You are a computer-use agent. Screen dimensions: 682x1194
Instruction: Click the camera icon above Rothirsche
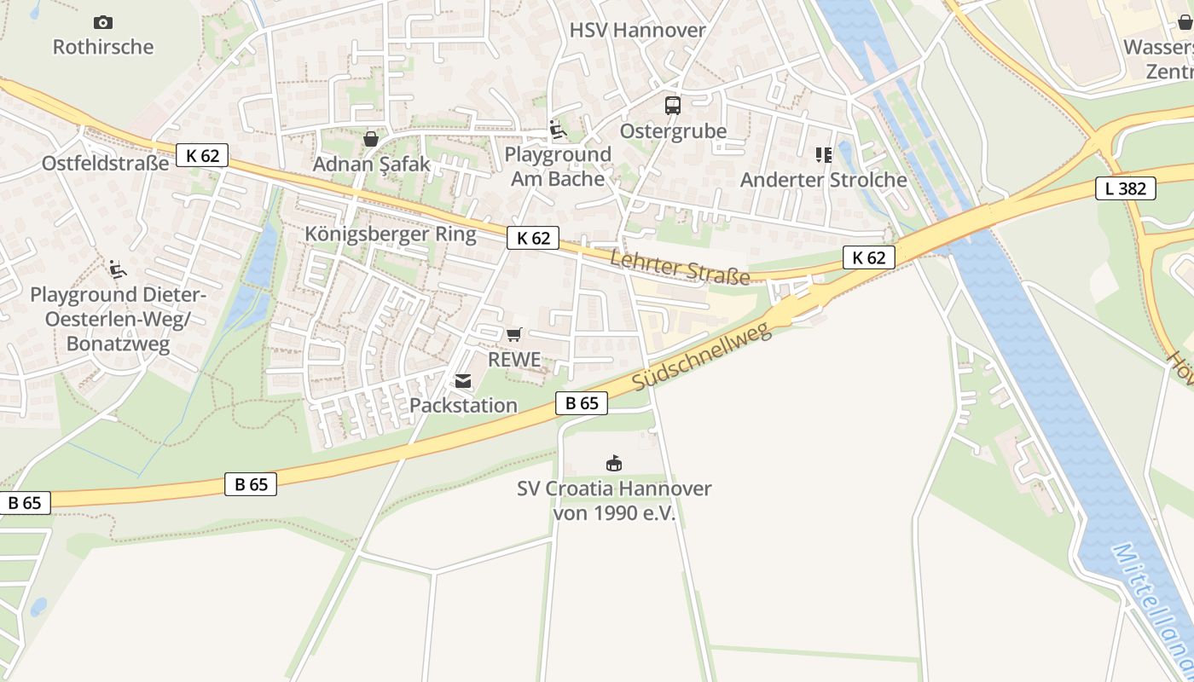click(103, 22)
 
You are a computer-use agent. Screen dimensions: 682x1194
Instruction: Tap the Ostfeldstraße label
click(106, 163)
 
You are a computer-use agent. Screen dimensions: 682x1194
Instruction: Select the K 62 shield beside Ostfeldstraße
click(203, 155)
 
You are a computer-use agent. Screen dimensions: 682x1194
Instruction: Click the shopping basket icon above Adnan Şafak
click(371, 138)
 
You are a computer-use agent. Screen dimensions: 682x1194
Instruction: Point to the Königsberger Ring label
click(391, 234)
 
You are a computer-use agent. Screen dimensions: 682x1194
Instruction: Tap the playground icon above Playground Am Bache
click(558, 130)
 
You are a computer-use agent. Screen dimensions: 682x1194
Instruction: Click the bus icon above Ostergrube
click(673, 106)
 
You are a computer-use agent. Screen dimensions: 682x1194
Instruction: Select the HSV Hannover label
click(638, 30)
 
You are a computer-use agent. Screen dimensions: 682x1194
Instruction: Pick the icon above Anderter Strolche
click(823, 155)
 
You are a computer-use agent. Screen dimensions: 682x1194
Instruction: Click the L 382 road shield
click(1125, 188)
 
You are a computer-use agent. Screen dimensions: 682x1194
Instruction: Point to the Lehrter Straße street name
click(681, 268)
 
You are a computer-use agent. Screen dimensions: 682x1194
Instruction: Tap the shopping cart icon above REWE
click(513, 335)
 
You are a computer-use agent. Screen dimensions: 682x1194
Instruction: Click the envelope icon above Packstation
click(463, 381)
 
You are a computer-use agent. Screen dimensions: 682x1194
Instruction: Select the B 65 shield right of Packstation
click(582, 403)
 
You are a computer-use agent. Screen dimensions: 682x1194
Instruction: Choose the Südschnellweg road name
click(703, 357)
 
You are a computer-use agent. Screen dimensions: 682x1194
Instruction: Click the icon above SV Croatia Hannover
click(613, 464)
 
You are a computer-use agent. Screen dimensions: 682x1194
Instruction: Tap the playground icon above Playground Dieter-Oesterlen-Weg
click(118, 269)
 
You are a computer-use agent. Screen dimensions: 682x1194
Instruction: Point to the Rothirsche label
click(103, 47)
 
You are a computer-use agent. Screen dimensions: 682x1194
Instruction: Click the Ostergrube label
click(673, 131)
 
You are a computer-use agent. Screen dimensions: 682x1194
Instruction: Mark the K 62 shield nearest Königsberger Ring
click(533, 238)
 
